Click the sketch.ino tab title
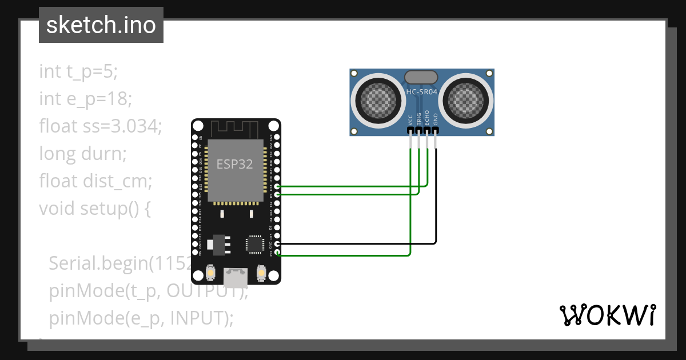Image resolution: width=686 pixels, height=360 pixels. [x=101, y=25]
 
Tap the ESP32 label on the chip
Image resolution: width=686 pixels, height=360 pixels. [x=234, y=165]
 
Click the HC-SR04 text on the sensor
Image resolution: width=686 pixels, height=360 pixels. [x=421, y=91]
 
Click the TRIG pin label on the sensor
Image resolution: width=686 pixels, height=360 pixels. [x=419, y=118]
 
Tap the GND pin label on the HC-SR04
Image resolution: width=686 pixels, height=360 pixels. [x=436, y=119]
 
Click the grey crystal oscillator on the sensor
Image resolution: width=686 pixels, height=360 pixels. [x=421, y=77]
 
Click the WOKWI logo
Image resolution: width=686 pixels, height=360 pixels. [x=607, y=315]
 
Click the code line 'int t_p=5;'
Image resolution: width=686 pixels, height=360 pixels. [x=78, y=71]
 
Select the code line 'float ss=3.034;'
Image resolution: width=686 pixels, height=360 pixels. [x=101, y=126]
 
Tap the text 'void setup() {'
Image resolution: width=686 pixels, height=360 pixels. [x=95, y=209]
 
